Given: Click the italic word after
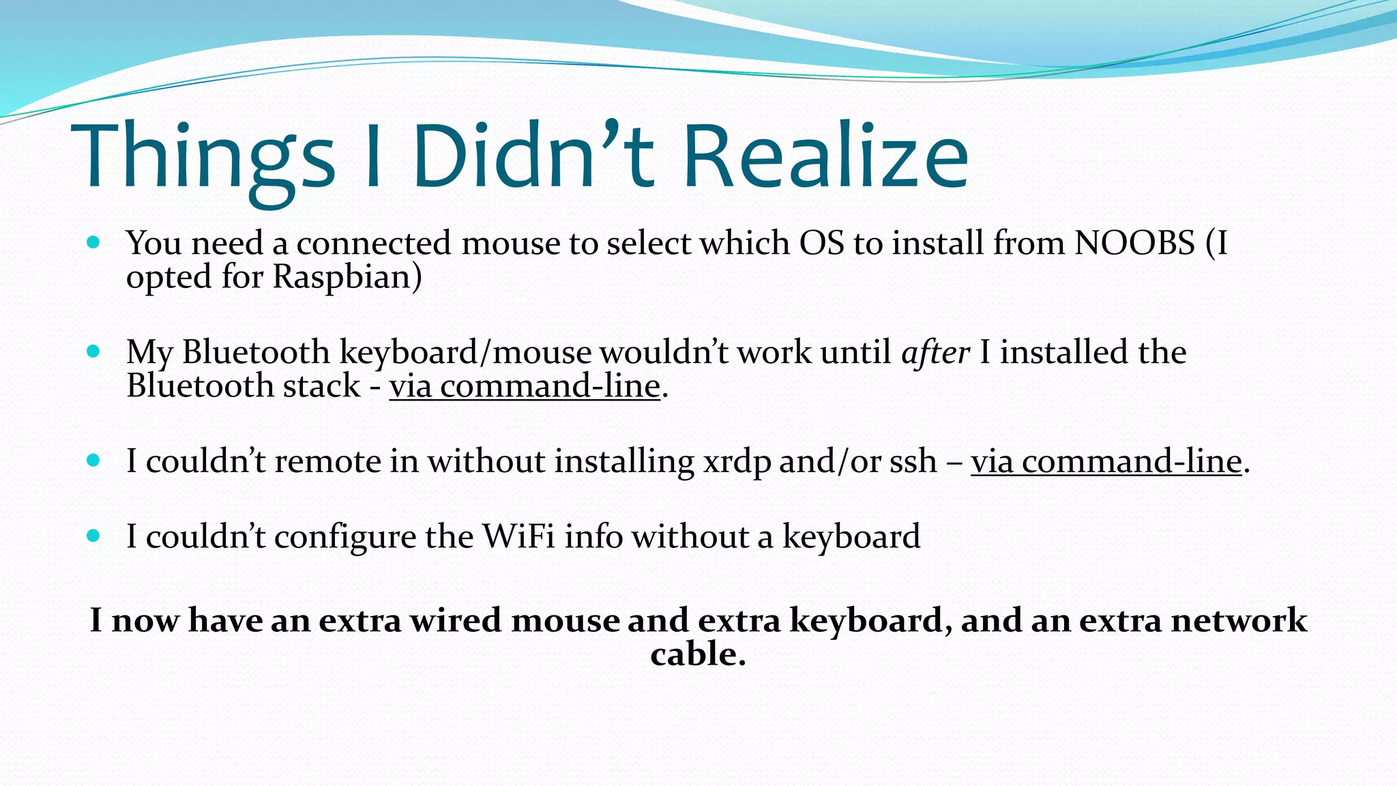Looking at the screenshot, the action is tap(935, 352).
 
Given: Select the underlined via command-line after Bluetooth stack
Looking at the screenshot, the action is tap(525, 386).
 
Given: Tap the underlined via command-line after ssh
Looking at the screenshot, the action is tap(1106, 461).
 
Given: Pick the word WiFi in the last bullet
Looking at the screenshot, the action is tap(518, 536).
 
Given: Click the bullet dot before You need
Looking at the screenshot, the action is tap(94, 242).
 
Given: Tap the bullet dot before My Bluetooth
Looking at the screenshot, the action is tap(94, 351).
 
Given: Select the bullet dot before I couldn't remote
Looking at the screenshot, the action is tap(94, 461).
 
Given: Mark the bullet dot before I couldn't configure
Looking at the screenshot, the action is tap(94, 536).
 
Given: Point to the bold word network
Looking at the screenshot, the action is tap(1239, 621).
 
